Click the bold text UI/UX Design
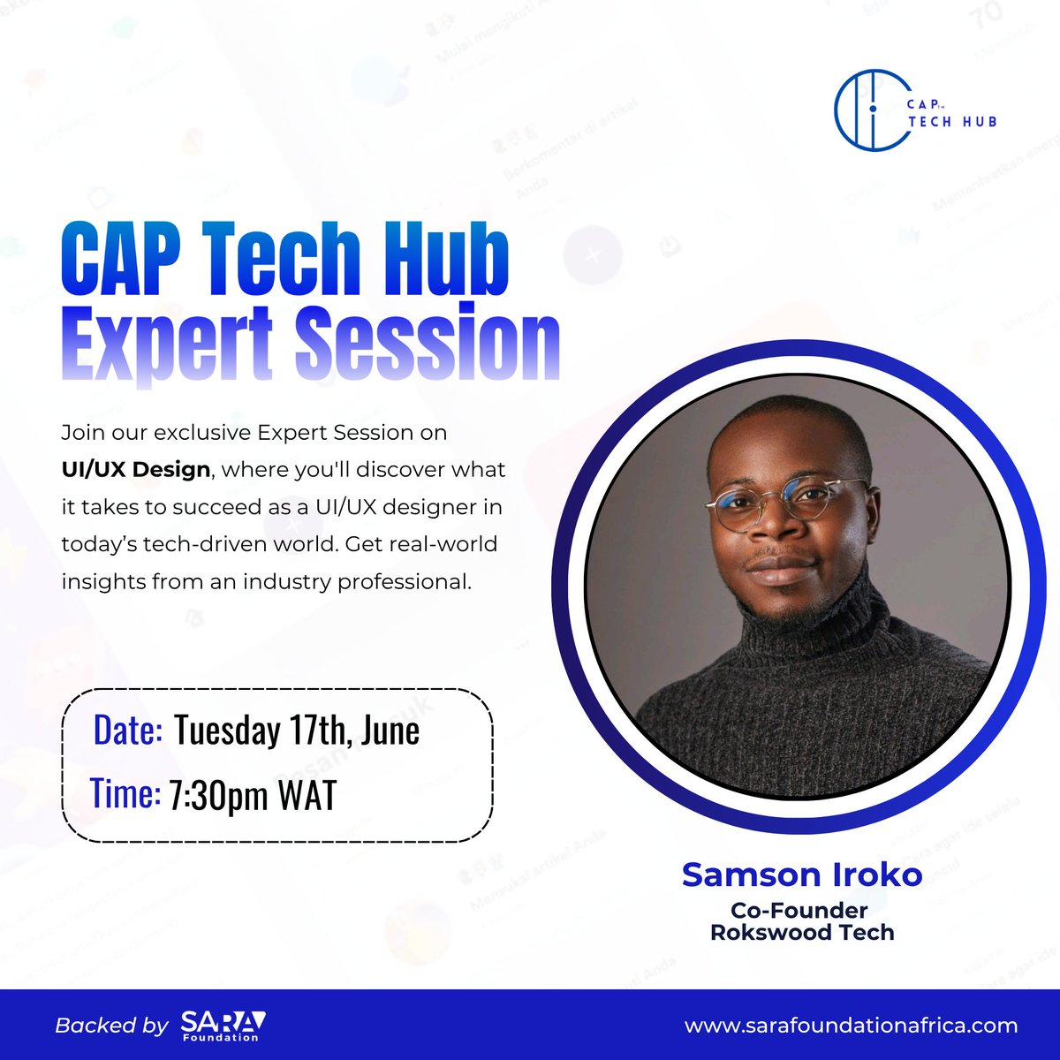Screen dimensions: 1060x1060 point(136,469)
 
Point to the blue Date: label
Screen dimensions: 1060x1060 point(127,731)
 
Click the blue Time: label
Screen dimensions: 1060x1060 point(125,794)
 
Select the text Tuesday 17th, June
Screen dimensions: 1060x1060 point(296,731)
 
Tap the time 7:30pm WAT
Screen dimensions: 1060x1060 point(253,796)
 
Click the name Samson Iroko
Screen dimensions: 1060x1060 point(802,874)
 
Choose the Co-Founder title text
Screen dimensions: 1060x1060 point(799,910)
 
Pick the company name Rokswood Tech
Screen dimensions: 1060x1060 point(802,932)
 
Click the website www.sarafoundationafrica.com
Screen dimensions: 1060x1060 point(851,1026)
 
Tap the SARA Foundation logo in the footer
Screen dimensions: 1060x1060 point(223,1026)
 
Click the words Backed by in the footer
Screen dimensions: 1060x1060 point(111,1026)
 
